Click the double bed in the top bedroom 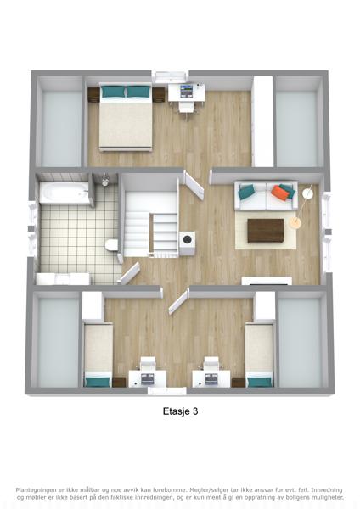pyautogui.click(x=126, y=117)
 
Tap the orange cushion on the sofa pyautogui.click(x=280, y=193)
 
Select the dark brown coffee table pyautogui.click(x=266, y=231)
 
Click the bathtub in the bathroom pyautogui.click(x=64, y=193)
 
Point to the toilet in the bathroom pyautogui.click(x=111, y=244)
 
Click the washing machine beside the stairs pyautogui.click(x=187, y=243)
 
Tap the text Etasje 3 pyautogui.click(x=180, y=411)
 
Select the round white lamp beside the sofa pyautogui.click(x=307, y=193)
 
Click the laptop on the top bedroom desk pyautogui.click(x=187, y=91)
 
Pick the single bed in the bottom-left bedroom pyautogui.click(x=98, y=355)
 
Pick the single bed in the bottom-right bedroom pyautogui.click(x=259, y=355)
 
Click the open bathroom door pyautogui.click(x=129, y=273)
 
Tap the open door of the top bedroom pyautogui.click(x=194, y=185)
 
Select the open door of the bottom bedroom pyautogui.click(x=178, y=303)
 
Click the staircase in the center pyautogui.click(x=151, y=224)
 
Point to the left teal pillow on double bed pyautogui.click(x=114, y=92)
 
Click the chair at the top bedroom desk pyautogui.click(x=186, y=107)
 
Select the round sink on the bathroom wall pyautogui.click(x=105, y=182)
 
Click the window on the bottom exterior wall pyautogui.click(x=167, y=391)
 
